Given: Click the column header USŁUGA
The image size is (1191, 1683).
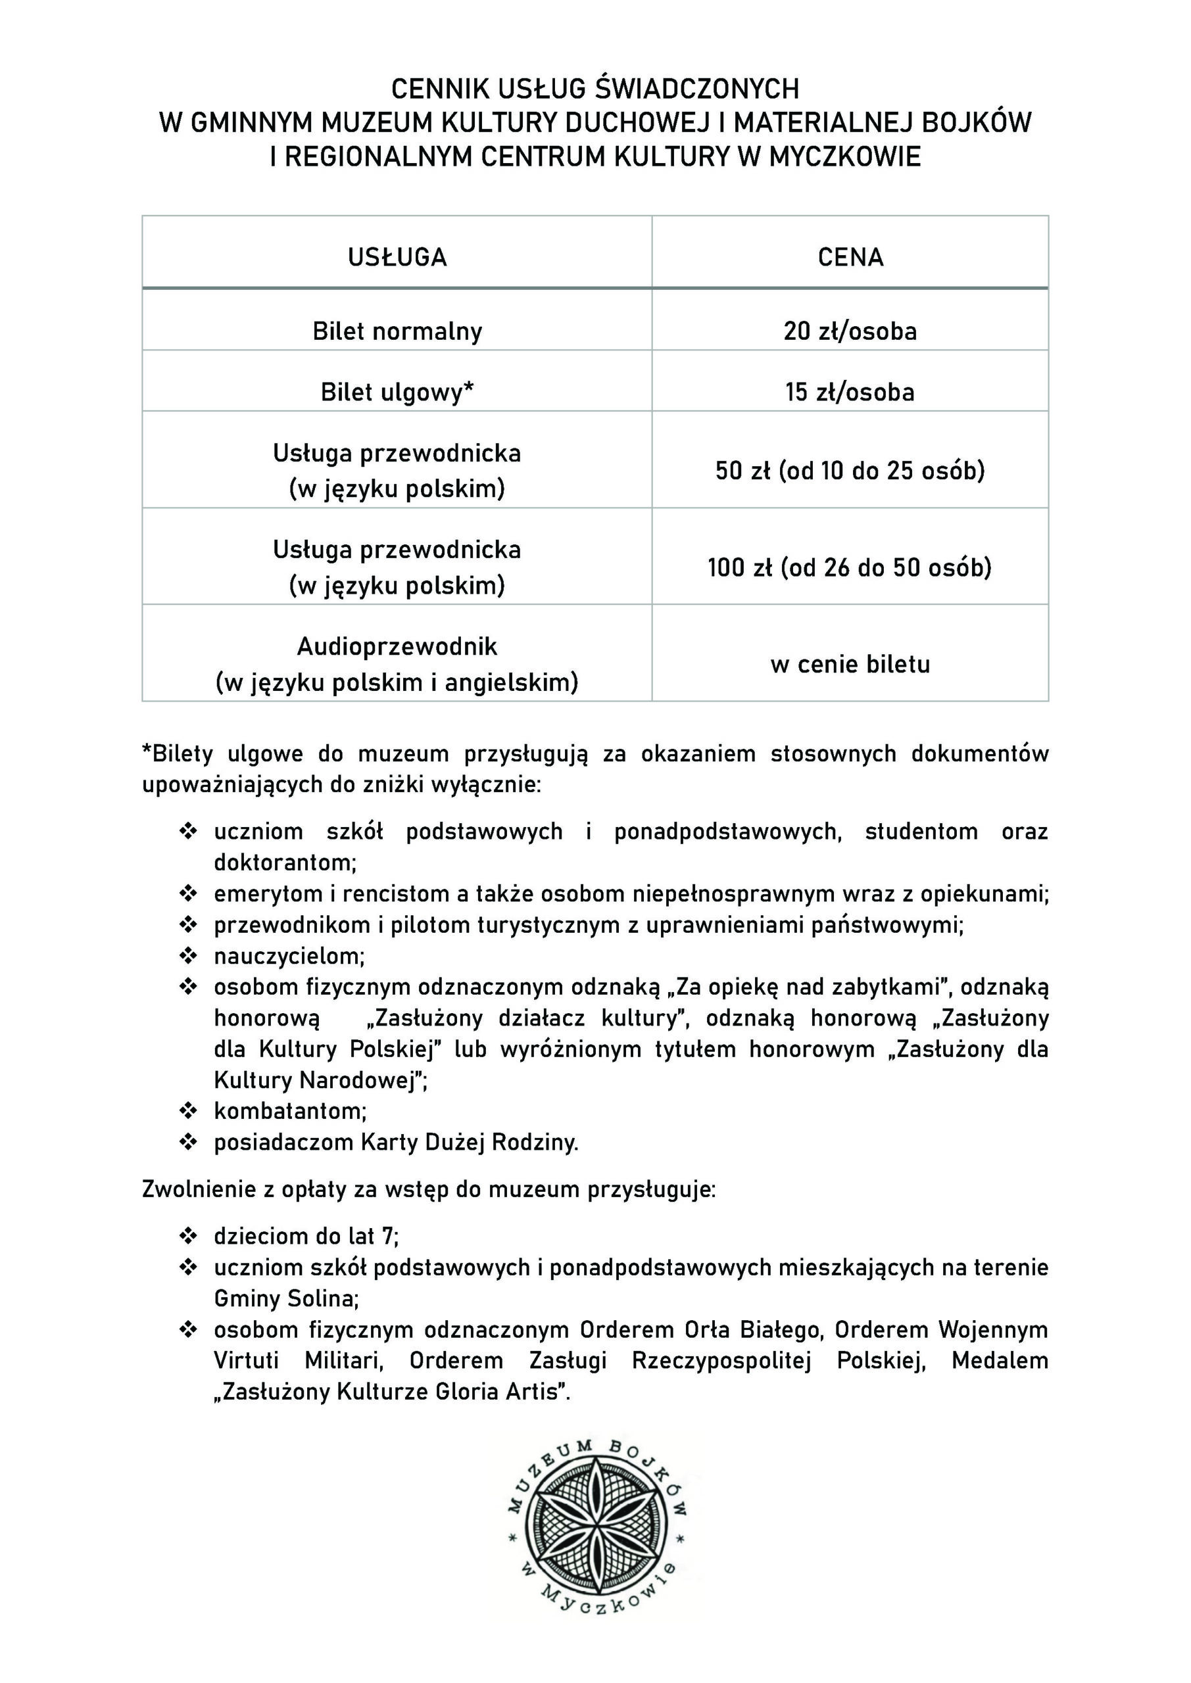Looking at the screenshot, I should pos(397,257).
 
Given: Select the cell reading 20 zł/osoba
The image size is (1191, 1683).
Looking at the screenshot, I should pos(850,331).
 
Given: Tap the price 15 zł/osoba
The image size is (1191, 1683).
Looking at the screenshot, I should pos(850,392).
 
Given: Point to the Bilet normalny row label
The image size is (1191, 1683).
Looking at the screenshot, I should pos(397,331).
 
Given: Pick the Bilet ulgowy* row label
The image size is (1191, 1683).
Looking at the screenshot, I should pos(397,392).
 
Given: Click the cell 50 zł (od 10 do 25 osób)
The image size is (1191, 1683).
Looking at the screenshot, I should pos(850,471).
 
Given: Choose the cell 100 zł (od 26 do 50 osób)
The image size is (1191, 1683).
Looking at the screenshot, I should pos(850,567).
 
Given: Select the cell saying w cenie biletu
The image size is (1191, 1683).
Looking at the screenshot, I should pos(850,664).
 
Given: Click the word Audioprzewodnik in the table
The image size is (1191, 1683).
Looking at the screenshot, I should pos(397,646).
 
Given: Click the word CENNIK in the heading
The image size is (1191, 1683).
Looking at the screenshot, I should pos(440,89).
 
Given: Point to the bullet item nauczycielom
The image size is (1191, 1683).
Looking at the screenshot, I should pos(289,956).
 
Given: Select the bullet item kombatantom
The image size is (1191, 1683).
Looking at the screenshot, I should pos(289,1110).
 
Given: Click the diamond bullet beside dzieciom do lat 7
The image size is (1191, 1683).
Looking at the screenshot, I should pos(189,1237).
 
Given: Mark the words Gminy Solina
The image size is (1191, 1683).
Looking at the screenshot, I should pos(285,1298).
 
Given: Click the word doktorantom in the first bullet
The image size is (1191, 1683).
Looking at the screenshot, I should pos(285,862).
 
